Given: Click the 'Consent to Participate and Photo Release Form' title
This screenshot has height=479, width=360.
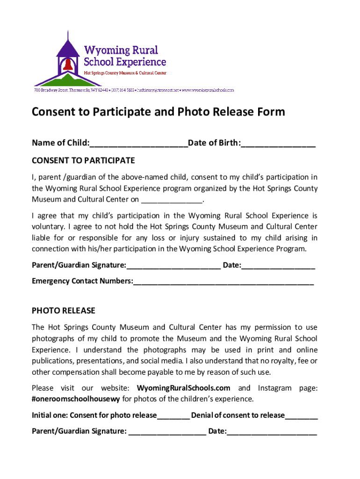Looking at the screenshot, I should tap(158, 112).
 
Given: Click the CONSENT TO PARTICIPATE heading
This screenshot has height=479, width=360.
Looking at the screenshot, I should tap(83, 161).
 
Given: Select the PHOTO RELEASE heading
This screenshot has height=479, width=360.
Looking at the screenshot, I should tap(64, 311).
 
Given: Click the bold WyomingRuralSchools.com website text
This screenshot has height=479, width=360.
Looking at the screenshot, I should tap(184, 388).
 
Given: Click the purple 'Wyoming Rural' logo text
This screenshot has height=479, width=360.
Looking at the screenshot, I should tap(121, 50).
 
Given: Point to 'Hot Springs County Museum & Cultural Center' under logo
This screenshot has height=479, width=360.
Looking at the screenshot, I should tap(125, 73).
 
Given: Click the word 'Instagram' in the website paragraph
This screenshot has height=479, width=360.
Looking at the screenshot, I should tap(275, 388).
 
